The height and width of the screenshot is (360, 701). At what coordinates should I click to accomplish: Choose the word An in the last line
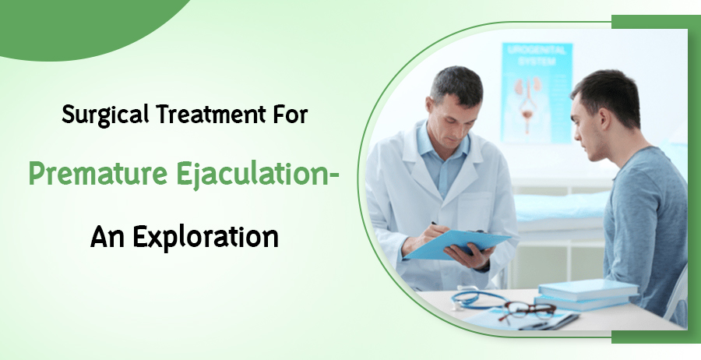[108, 235]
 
